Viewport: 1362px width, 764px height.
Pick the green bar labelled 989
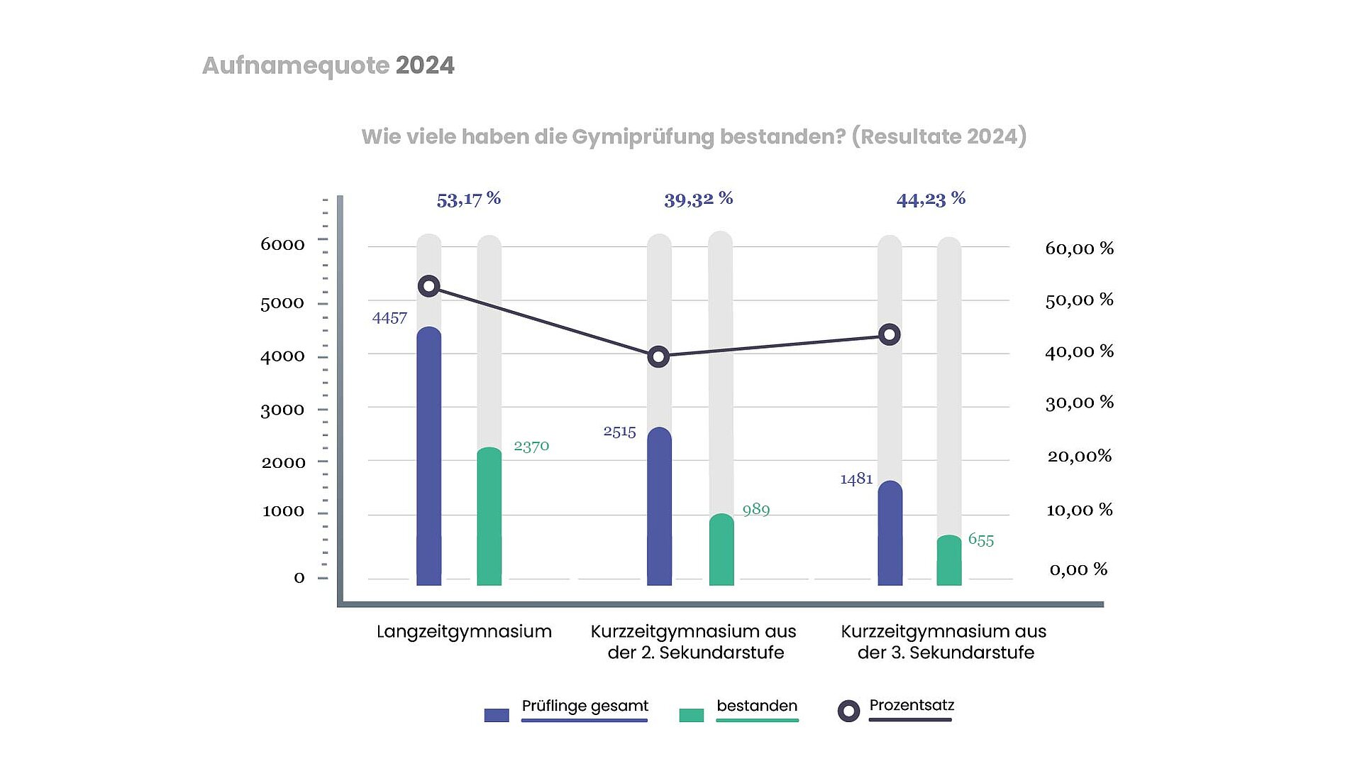(x=721, y=550)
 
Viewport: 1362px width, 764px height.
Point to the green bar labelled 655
(x=948, y=560)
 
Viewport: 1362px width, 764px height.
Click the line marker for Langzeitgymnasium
(x=428, y=286)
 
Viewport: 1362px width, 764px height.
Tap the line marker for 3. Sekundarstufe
(x=890, y=334)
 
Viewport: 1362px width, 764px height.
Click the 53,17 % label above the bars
(x=468, y=199)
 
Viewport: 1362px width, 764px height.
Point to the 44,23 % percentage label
(x=931, y=199)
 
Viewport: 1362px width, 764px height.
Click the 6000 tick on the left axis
(x=282, y=244)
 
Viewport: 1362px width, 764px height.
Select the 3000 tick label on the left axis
(x=282, y=410)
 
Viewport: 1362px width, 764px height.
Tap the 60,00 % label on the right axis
(x=1079, y=249)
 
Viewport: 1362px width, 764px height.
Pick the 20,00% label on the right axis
(x=1079, y=456)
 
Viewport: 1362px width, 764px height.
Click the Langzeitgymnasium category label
(x=464, y=631)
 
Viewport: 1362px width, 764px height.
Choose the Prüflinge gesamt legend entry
(x=585, y=706)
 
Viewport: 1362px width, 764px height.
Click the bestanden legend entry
(x=756, y=706)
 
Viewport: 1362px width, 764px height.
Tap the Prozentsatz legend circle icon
(x=848, y=711)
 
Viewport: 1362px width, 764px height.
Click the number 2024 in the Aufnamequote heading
(x=425, y=65)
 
